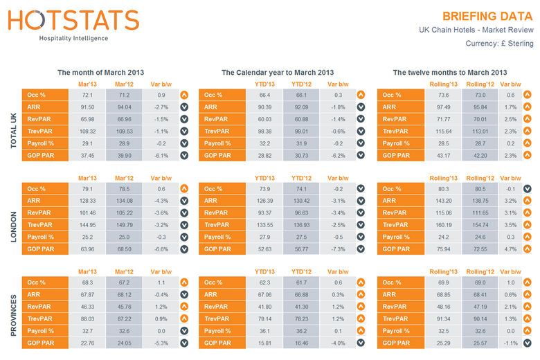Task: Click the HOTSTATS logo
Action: [x=73, y=20]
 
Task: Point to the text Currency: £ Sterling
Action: [x=499, y=44]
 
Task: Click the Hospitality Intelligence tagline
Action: [x=73, y=39]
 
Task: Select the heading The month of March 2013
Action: [x=101, y=72]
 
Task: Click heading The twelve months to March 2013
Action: [x=449, y=72]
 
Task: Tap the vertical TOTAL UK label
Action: [x=10, y=125]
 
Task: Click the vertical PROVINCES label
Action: [x=10, y=313]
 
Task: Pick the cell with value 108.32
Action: [x=87, y=130]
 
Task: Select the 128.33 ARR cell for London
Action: [x=87, y=201]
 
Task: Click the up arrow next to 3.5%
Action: [x=527, y=224]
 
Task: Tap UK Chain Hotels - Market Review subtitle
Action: [x=476, y=30]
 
